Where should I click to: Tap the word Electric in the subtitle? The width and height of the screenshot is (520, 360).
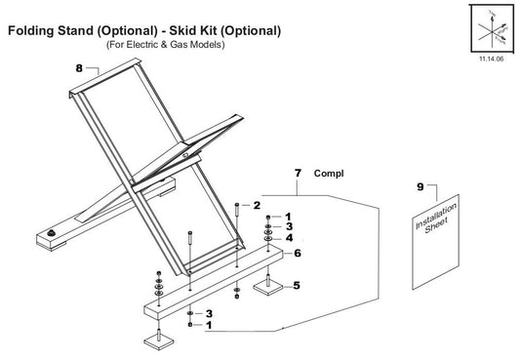[x=147, y=45]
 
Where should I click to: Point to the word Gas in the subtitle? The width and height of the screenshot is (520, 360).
[x=185, y=45]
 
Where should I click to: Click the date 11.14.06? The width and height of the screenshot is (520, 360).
[x=490, y=60]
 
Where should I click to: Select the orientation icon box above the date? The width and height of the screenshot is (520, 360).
[x=490, y=29]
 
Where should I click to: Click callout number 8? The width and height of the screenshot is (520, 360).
[x=79, y=68]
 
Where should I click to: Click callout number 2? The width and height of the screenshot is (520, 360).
[x=257, y=205]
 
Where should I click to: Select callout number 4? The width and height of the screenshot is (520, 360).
[x=290, y=237]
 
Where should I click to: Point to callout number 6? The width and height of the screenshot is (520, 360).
[x=298, y=253]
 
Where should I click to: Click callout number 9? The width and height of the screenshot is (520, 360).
[x=420, y=184]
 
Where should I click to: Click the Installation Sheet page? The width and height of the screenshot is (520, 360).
[x=432, y=244]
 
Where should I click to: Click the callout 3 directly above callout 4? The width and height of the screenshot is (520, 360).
[x=290, y=226]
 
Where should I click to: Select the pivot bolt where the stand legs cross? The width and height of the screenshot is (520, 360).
[x=186, y=152]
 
